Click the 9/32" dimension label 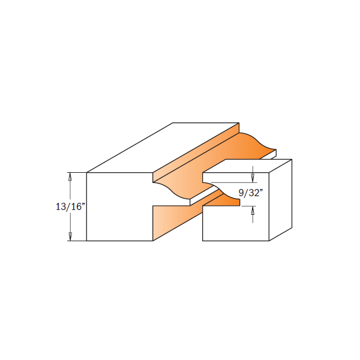(250, 193)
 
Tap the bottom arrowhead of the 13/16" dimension (71, 237)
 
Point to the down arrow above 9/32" (253, 178)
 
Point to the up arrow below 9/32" (253, 210)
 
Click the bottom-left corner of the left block (87, 241)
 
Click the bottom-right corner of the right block (269, 241)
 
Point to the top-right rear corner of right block (292, 160)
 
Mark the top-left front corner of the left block (87, 173)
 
